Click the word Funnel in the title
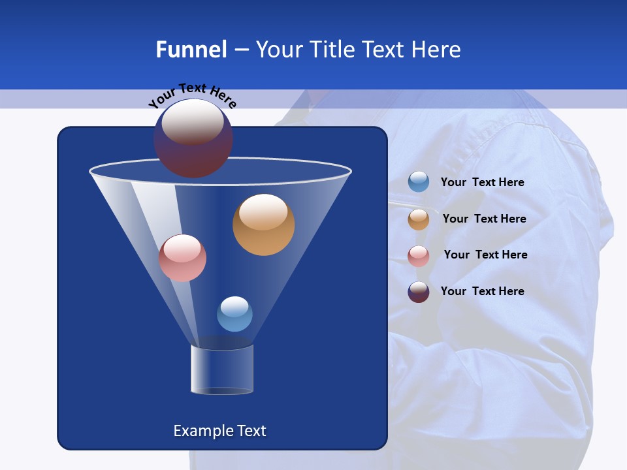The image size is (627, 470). click(x=191, y=50)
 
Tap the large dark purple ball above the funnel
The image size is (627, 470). click(x=193, y=139)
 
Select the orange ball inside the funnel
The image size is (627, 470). click(x=263, y=225)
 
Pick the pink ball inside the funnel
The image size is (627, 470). click(x=182, y=258)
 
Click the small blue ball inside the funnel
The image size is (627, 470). click(x=234, y=314)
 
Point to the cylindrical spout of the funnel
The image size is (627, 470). click(x=222, y=370)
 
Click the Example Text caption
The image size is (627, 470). click(x=219, y=431)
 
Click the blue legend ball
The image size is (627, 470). click(x=419, y=182)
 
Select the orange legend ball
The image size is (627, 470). click(x=419, y=219)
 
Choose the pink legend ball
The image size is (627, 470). click(x=419, y=255)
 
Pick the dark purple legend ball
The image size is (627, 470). click(x=419, y=292)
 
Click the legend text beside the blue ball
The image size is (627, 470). click(x=482, y=182)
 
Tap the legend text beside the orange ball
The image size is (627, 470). click(x=484, y=219)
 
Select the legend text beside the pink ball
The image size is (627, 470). click(x=485, y=255)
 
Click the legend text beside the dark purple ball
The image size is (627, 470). click(x=482, y=291)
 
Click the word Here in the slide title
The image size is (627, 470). click(x=437, y=50)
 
